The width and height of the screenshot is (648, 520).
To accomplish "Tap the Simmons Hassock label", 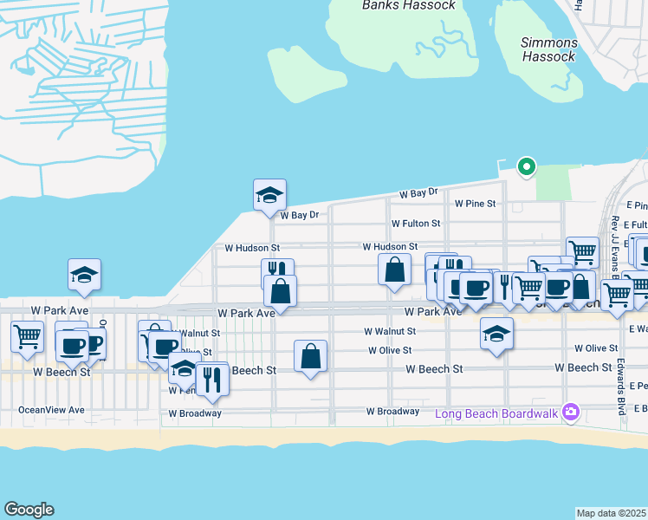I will pos(548,49).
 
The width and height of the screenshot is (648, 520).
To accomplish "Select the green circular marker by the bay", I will pos(525,167).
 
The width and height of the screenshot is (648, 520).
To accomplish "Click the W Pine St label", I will pos(475,204).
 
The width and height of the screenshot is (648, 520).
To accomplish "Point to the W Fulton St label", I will pos(415,224).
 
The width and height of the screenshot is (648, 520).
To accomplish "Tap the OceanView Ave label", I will pos(51,410).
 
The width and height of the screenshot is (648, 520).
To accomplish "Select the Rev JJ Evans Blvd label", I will pos(614,247).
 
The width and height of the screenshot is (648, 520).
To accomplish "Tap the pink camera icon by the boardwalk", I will pos(570,412).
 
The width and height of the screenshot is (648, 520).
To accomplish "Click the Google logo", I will pos(29,510).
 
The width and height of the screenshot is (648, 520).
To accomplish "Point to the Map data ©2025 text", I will pos(611,513).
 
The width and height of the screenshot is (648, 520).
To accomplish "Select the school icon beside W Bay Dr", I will pos(269,194).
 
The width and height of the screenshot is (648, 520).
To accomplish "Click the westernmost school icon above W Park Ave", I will pos(85,274).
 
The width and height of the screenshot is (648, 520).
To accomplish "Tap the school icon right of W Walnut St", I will pos(496,333).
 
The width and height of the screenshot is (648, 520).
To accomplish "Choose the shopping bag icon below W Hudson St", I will pos(394,269).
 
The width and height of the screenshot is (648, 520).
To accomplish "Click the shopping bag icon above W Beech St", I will pos(311,355).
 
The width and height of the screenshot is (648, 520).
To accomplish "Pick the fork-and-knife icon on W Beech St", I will pos(211,378).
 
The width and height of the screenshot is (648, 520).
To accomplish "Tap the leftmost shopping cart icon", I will pos(28,335).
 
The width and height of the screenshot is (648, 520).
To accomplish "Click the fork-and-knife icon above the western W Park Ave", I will pos(276,271).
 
